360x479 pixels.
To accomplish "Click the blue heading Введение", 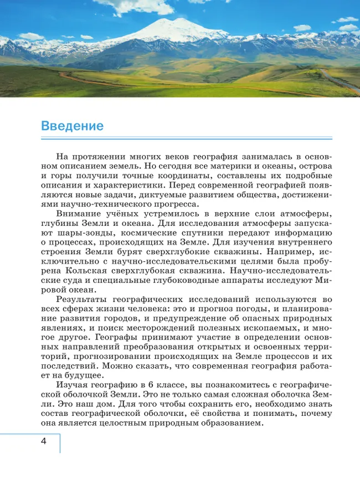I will [x=72, y=126].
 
